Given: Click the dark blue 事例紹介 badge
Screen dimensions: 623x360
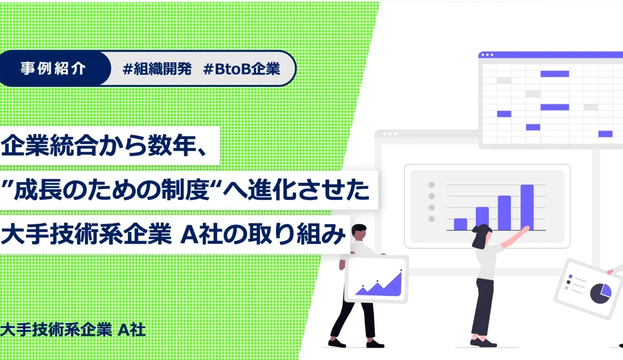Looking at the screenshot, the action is click(x=54, y=68).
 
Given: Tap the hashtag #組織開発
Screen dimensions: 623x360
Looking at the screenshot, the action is click(x=157, y=69).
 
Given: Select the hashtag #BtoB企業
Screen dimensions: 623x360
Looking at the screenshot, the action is click(x=242, y=69).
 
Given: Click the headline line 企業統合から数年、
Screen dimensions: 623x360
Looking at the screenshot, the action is click(x=104, y=146).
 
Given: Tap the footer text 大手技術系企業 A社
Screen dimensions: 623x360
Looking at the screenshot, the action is click(x=73, y=330).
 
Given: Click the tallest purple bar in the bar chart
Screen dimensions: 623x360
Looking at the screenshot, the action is click(x=527, y=207).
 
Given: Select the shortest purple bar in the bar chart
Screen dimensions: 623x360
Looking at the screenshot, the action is click(x=460, y=224).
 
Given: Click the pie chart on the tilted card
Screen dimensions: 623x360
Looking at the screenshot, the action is click(x=600, y=293).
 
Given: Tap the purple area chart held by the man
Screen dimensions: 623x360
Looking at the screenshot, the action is click(x=379, y=285).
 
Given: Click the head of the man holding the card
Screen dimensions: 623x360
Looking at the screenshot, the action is click(x=359, y=232).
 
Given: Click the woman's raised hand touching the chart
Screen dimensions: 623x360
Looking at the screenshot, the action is click(x=526, y=228).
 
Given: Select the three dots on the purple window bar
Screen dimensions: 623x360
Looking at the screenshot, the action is click(x=487, y=55).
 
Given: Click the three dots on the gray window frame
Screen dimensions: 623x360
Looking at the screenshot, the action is click(x=390, y=134).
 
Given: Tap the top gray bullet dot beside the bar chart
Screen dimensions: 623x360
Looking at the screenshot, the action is click(x=431, y=185).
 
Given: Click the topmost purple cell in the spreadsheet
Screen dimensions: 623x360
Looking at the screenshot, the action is click(x=555, y=74).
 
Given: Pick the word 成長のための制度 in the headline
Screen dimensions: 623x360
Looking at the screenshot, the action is click(x=112, y=190).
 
